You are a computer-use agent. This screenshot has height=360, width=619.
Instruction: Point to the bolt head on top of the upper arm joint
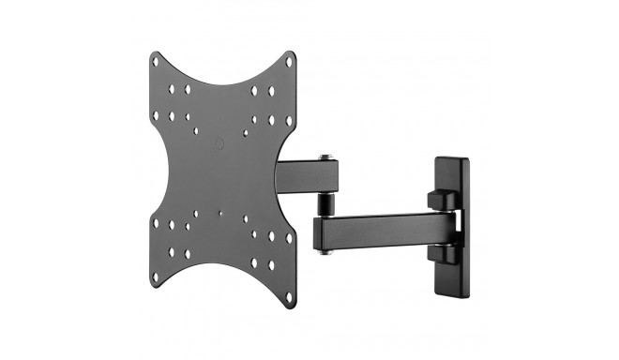coord(325,157)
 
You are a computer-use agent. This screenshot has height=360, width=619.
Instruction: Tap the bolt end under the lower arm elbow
coord(325,250)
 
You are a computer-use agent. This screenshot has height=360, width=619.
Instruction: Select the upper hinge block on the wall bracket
coord(439,201)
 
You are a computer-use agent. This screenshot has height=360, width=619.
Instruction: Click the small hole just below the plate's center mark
coord(220,213)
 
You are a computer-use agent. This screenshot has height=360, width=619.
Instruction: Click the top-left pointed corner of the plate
coord(152,53)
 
